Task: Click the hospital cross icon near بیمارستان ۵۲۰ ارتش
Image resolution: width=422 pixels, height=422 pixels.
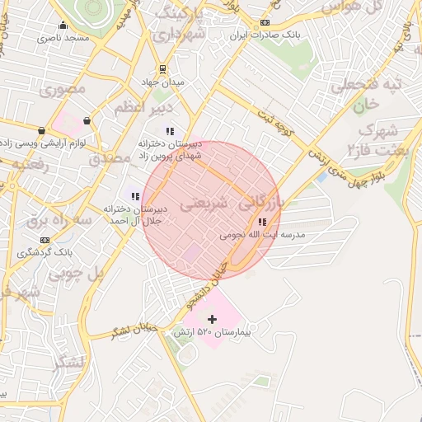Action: click(212, 319)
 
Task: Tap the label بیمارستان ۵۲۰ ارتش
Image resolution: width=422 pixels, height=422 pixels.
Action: click(211, 332)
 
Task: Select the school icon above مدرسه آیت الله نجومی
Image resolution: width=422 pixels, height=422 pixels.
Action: click(262, 222)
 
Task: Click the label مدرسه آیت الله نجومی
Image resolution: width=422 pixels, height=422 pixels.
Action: click(262, 235)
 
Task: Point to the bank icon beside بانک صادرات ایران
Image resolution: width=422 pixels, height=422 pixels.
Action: click(265, 22)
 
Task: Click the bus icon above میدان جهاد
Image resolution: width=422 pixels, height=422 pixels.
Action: click(162, 70)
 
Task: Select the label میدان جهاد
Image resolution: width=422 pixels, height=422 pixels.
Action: click(162, 82)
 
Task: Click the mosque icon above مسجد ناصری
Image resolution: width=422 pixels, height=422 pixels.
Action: click(63, 25)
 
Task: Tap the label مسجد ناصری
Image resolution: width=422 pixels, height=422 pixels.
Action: click(63, 38)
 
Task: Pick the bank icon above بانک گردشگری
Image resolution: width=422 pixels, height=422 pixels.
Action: click(44, 240)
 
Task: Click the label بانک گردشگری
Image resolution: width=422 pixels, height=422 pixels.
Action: click(46, 252)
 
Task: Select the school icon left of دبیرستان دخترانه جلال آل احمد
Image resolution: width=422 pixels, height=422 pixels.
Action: click(134, 196)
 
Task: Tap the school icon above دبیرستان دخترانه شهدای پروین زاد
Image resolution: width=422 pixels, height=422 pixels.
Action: click(170, 130)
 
